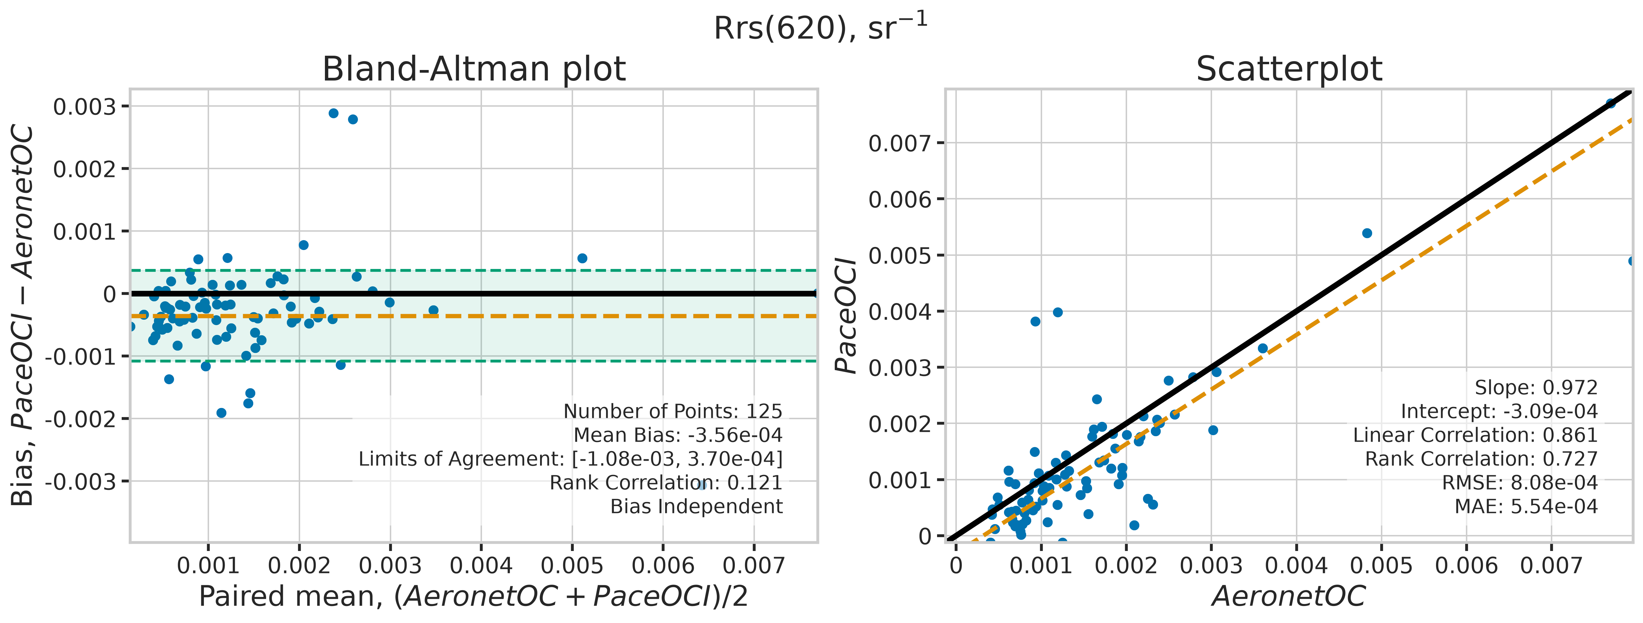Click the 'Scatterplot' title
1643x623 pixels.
point(1289,69)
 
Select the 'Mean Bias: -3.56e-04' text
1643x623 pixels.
point(678,435)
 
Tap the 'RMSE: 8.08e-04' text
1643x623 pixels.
point(1520,483)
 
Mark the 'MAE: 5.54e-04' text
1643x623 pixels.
point(1526,506)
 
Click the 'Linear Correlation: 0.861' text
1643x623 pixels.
point(1475,435)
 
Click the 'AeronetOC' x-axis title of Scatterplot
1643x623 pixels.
point(1289,596)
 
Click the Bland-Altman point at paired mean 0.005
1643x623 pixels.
point(582,258)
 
